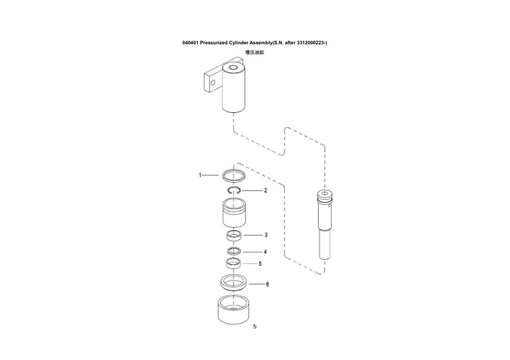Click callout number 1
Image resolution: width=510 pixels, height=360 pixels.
tap(200, 175)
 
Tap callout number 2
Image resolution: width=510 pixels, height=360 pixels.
tap(265, 190)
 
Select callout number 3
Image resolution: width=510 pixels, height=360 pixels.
tap(265, 234)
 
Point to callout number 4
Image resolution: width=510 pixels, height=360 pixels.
tap(265, 251)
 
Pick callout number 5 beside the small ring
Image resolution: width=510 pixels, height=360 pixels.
tap(260, 263)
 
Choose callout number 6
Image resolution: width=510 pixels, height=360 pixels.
tap(267, 284)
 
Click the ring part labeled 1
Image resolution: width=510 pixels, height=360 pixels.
tap(234, 176)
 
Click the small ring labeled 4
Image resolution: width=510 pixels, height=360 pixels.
tap(234, 251)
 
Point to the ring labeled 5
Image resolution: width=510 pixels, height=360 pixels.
tap(234, 263)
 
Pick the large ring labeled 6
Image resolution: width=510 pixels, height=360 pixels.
tap(234, 282)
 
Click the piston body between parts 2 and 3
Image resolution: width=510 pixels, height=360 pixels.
tap(234, 214)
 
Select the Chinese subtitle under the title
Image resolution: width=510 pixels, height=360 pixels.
tap(254, 53)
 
